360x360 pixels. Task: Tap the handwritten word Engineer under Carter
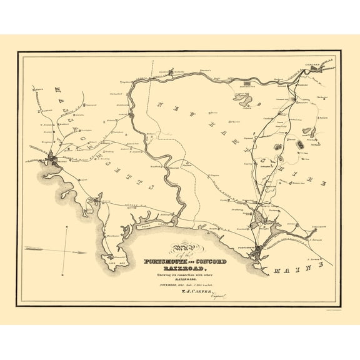click(213, 299)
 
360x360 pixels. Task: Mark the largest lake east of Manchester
click(244, 100)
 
